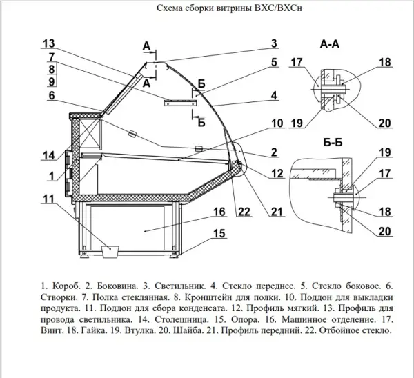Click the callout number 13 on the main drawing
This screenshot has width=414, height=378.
(48, 43)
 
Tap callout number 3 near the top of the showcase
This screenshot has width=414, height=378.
(274, 43)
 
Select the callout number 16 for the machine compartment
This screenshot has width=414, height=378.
(219, 211)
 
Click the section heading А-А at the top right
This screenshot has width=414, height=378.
(330, 43)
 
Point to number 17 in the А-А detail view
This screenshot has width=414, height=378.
(296, 62)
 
